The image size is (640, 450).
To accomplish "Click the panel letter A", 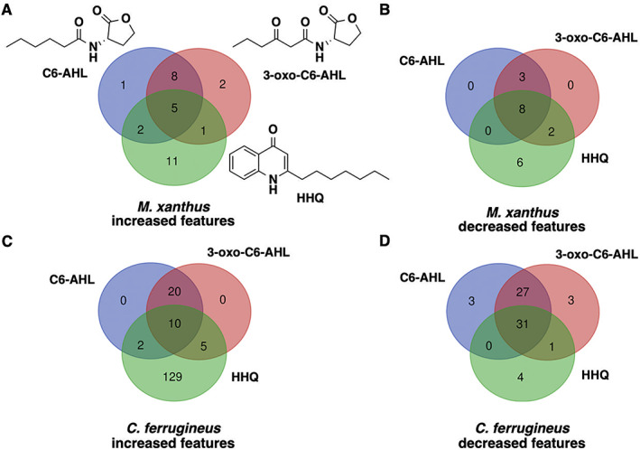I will (x=8, y=9).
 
